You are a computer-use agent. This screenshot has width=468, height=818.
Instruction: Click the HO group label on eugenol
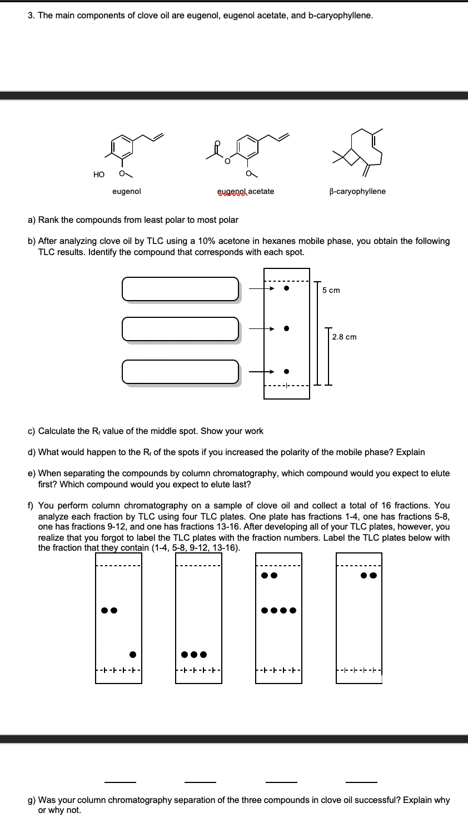pyautogui.click(x=99, y=174)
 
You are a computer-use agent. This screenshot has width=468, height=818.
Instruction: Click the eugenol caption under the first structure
pyautogui.click(x=127, y=191)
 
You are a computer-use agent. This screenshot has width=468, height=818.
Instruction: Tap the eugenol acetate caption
pyautogui.click(x=246, y=191)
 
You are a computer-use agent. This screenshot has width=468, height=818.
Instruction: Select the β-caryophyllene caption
pyautogui.click(x=357, y=191)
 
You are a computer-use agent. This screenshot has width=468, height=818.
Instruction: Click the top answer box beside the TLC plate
pyautogui.click(x=180, y=289)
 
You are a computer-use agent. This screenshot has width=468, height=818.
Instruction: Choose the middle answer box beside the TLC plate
pyautogui.click(x=180, y=329)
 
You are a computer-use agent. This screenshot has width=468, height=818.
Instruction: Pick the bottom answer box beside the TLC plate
pyautogui.click(x=180, y=372)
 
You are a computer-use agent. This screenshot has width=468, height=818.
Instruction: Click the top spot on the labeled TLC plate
pyautogui.click(x=286, y=288)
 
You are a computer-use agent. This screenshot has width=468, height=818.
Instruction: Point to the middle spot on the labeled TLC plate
pyautogui.click(x=286, y=328)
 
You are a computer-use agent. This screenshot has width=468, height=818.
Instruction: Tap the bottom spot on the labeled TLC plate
pyautogui.click(x=286, y=371)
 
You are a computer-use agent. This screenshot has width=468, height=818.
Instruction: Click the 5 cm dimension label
pyautogui.click(x=331, y=290)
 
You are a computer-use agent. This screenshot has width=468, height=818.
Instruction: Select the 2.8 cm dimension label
pyautogui.click(x=345, y=337)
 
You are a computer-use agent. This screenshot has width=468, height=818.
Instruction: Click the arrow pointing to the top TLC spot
pyautogui.click(x=261, y=288)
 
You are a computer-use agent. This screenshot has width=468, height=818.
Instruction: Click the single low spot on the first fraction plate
pyautogui.click(x=133, y=654)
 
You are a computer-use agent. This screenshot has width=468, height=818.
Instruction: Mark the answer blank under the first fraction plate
pyautogui.click(x=120, y=782)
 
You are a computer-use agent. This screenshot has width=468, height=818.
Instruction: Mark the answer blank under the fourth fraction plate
pyautogui.click(x=361, y=782)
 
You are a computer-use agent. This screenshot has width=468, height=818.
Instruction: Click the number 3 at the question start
pyautogui.click(x=31, y=15)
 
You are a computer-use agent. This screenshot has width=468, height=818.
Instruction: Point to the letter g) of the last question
pyautogui.click(x=32, y=800)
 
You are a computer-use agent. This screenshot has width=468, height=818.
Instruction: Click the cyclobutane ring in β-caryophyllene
pyautogui.click(x=351, y=157)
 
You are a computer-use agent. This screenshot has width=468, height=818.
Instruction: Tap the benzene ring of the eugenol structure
pyautogui.click(x=123, y=146)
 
